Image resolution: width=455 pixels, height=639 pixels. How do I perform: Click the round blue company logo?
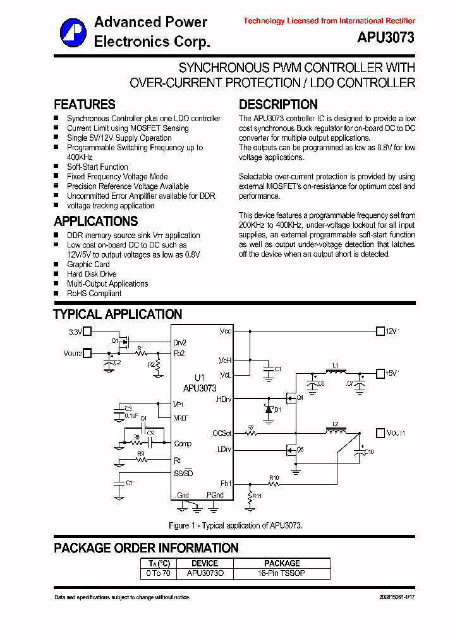[x=73, y=32]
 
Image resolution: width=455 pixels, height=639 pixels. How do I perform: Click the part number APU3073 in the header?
[x=385, y=38]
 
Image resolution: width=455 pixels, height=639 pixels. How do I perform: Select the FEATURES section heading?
[x=85, y=105]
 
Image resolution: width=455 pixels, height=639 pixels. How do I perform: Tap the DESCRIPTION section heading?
[x=278, y=105]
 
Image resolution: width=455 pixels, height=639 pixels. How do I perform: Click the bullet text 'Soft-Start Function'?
[x=97, y=167]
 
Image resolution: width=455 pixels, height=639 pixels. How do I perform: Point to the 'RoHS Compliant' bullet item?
[x=94, y=293]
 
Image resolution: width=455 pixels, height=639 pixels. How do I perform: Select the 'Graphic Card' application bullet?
[x=88, y=264]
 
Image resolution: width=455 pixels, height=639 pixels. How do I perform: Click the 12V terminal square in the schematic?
[x=380, y=331]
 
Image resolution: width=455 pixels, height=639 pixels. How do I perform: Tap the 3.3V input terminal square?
[x=88, y=331]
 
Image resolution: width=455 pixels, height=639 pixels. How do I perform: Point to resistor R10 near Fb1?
[x=274, y=484]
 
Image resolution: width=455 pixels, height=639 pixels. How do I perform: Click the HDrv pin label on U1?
[x=224, y=400]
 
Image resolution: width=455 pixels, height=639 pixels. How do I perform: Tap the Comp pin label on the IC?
[x=183, y=444]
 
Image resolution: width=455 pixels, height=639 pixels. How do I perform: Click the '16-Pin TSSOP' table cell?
[x=282, y=573]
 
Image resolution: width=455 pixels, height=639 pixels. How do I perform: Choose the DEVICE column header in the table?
[x=205, y=563]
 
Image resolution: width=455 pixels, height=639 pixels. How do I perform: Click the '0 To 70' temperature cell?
[x=158, y=573]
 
